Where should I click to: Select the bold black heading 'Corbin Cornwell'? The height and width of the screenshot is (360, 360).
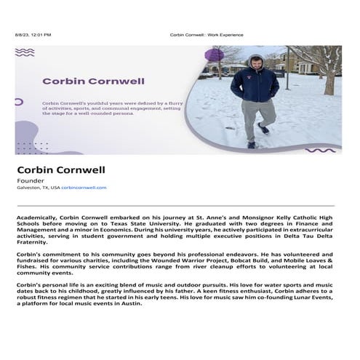[x=61, y=169]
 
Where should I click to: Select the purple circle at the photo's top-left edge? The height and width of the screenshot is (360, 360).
[x=213, y=55]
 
